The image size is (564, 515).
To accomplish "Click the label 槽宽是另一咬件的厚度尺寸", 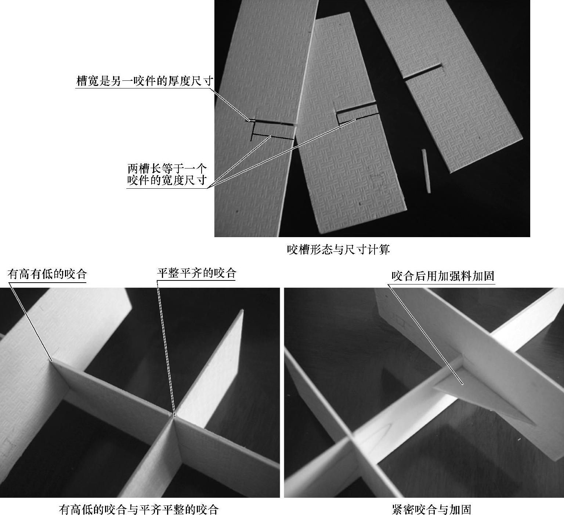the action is tap(144, 81).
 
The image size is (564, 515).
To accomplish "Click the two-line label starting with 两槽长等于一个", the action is tap(167, 175).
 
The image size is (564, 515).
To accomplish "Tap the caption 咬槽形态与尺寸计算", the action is tap(338, 250).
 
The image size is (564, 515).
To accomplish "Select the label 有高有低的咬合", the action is tap(47, 274).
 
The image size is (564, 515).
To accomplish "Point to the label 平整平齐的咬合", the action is tap(196, 273).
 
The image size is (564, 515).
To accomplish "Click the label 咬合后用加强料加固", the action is tap(443, 276).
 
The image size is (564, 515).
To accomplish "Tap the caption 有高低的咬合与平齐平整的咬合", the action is tap(139, 509).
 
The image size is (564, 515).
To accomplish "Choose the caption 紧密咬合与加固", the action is tap(431, 509).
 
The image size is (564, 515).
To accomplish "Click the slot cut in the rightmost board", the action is tap(422, 72).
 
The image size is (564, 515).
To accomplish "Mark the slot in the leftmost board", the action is tap(272, 123).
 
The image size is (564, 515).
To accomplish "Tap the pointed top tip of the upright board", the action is tap(242, 311).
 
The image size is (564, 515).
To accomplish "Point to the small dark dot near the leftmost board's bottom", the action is tap(237, 211).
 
